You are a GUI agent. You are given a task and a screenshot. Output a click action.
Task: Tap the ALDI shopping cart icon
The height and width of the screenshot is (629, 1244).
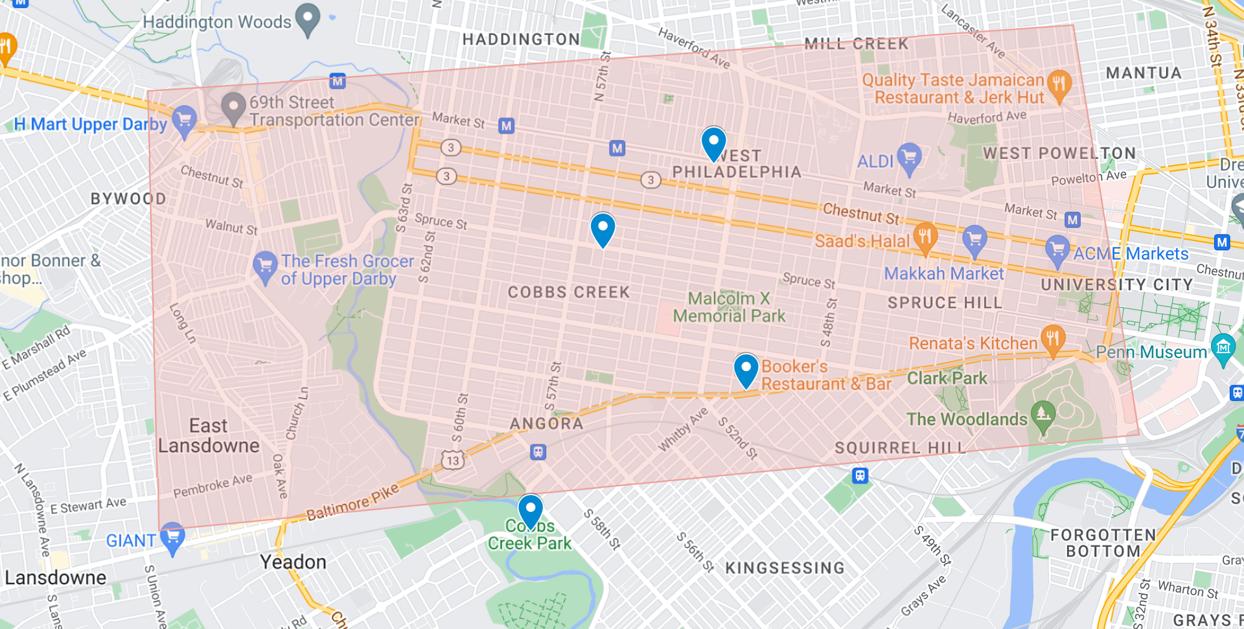click(x=909, y=157)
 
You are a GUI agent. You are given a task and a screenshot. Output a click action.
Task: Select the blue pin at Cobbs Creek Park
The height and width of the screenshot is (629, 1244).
click(x=530, y=510)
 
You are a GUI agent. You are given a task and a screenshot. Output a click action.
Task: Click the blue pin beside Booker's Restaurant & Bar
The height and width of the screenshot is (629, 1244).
click(x=746, y=369)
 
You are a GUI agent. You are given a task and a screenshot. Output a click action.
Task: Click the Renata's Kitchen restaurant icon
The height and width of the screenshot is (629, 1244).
click(x=1053, y=339)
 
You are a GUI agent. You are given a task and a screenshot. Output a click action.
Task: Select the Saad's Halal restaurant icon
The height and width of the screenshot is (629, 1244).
click(x=925, y=237)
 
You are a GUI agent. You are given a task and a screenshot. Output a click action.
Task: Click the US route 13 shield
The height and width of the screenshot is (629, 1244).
click(x=453, y=461)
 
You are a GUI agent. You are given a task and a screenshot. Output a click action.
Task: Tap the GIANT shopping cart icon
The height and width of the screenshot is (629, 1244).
click(x=173, y=538)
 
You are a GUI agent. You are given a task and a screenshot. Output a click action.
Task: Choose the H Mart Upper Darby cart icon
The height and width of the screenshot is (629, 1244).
click(x=185, y=120)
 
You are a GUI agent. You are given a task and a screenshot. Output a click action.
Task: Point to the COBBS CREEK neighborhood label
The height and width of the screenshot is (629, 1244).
click(x=568, y=292)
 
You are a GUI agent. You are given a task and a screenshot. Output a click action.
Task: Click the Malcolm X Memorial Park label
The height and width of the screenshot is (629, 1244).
click(x=728, y=307)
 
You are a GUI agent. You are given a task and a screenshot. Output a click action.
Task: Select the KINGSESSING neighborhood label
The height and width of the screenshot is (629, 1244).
click(x=785, y=568)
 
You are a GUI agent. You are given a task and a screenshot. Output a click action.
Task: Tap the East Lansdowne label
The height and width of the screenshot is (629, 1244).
click(x=208, y=435)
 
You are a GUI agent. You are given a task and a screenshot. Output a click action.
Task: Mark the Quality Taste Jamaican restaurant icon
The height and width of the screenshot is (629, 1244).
click(x=1059, y=85)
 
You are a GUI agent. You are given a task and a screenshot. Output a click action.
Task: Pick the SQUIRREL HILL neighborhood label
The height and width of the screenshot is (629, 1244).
click(x=900, y=448)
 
